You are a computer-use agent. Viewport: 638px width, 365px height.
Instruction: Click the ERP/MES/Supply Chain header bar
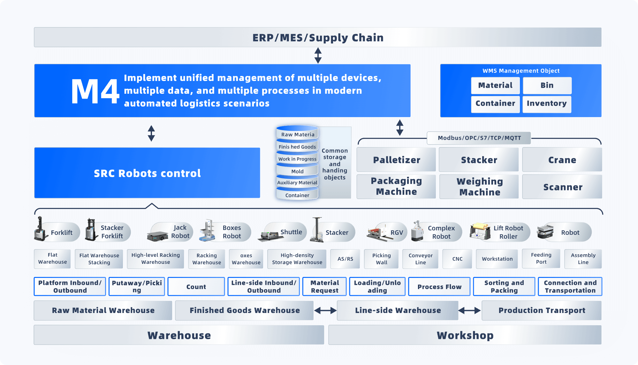pos(318,37)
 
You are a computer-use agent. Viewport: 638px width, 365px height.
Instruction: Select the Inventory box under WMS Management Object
pos(547,104)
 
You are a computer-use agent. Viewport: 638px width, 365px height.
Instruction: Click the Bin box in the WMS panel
pos(547,86)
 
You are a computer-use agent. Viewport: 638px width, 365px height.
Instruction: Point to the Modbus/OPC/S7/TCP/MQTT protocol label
pos(479,138)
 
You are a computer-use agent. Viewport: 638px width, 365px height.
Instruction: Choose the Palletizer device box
pos(396,160)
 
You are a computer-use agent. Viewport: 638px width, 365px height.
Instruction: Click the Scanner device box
pos(562,187)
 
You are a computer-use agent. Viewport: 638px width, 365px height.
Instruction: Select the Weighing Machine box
pos(479,187)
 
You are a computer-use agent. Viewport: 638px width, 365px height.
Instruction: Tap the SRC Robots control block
pos(147,173)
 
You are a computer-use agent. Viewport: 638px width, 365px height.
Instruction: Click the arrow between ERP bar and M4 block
pos(318,56)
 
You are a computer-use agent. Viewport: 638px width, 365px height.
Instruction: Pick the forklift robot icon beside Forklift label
pos(41,229)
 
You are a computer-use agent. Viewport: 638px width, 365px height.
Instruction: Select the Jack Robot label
pos(180,232)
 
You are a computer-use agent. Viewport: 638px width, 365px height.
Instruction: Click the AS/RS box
pos(345,259)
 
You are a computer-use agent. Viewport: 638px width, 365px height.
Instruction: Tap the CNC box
pos(457,259)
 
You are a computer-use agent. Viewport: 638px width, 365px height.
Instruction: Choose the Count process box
pos(196,287)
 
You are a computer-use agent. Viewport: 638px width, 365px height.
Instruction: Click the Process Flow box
pos(439,287)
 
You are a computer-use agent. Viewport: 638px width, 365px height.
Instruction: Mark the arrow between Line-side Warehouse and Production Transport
pos(469,310)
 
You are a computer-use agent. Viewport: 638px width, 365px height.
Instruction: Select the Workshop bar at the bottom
pos(465,335)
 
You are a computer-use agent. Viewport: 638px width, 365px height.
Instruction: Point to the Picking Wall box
pos(381,259)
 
